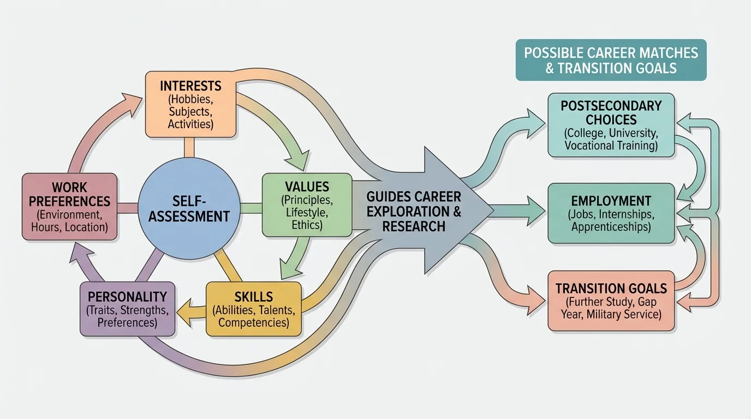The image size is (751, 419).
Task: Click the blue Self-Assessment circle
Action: [189, 208]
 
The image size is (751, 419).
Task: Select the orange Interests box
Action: [190, 105]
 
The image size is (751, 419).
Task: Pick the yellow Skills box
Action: [253, 308]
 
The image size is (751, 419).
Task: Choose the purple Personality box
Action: [127, 308]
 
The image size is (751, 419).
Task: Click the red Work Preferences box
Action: [69, 206]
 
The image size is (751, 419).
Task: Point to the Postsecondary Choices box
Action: [611, 125]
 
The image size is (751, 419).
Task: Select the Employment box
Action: [611, 213]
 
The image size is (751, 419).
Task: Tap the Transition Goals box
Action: [611, 301]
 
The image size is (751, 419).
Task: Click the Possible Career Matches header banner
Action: [611, 60]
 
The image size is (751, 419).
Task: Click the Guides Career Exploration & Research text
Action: [413, 211]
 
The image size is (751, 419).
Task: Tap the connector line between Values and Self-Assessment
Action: [251, 207]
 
